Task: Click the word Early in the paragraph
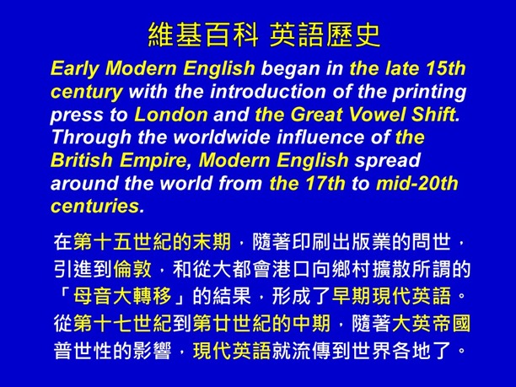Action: click(74, 67)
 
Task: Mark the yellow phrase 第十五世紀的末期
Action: click(152, 245)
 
